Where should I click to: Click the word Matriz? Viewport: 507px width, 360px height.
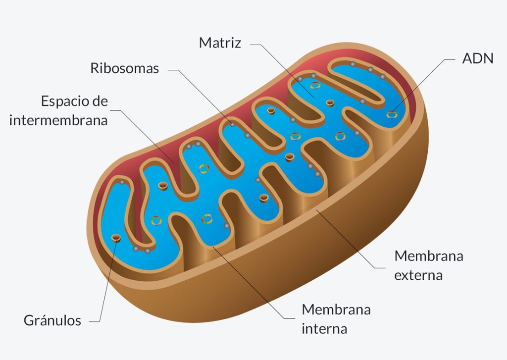[220, 43]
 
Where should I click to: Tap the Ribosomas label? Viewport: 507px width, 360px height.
[124, 68]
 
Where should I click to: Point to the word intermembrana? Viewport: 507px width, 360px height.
[58, 120]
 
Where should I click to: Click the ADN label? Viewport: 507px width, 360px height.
[478, 58]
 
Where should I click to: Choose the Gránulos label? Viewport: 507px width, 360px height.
[52, 320]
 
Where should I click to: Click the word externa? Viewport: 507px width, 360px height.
[418, 275]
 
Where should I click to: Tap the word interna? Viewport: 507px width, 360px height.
[324, 328]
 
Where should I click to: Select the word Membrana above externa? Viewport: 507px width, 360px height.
[428, 256]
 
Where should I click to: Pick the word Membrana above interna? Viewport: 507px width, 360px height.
[336, 310]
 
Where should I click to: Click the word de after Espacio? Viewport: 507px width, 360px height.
[100, 102]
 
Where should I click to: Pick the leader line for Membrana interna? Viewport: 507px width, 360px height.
[253, 282]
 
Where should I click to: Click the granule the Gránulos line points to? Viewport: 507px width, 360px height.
[116, 239]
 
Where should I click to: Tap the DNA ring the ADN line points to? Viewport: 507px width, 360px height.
[392, 114]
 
